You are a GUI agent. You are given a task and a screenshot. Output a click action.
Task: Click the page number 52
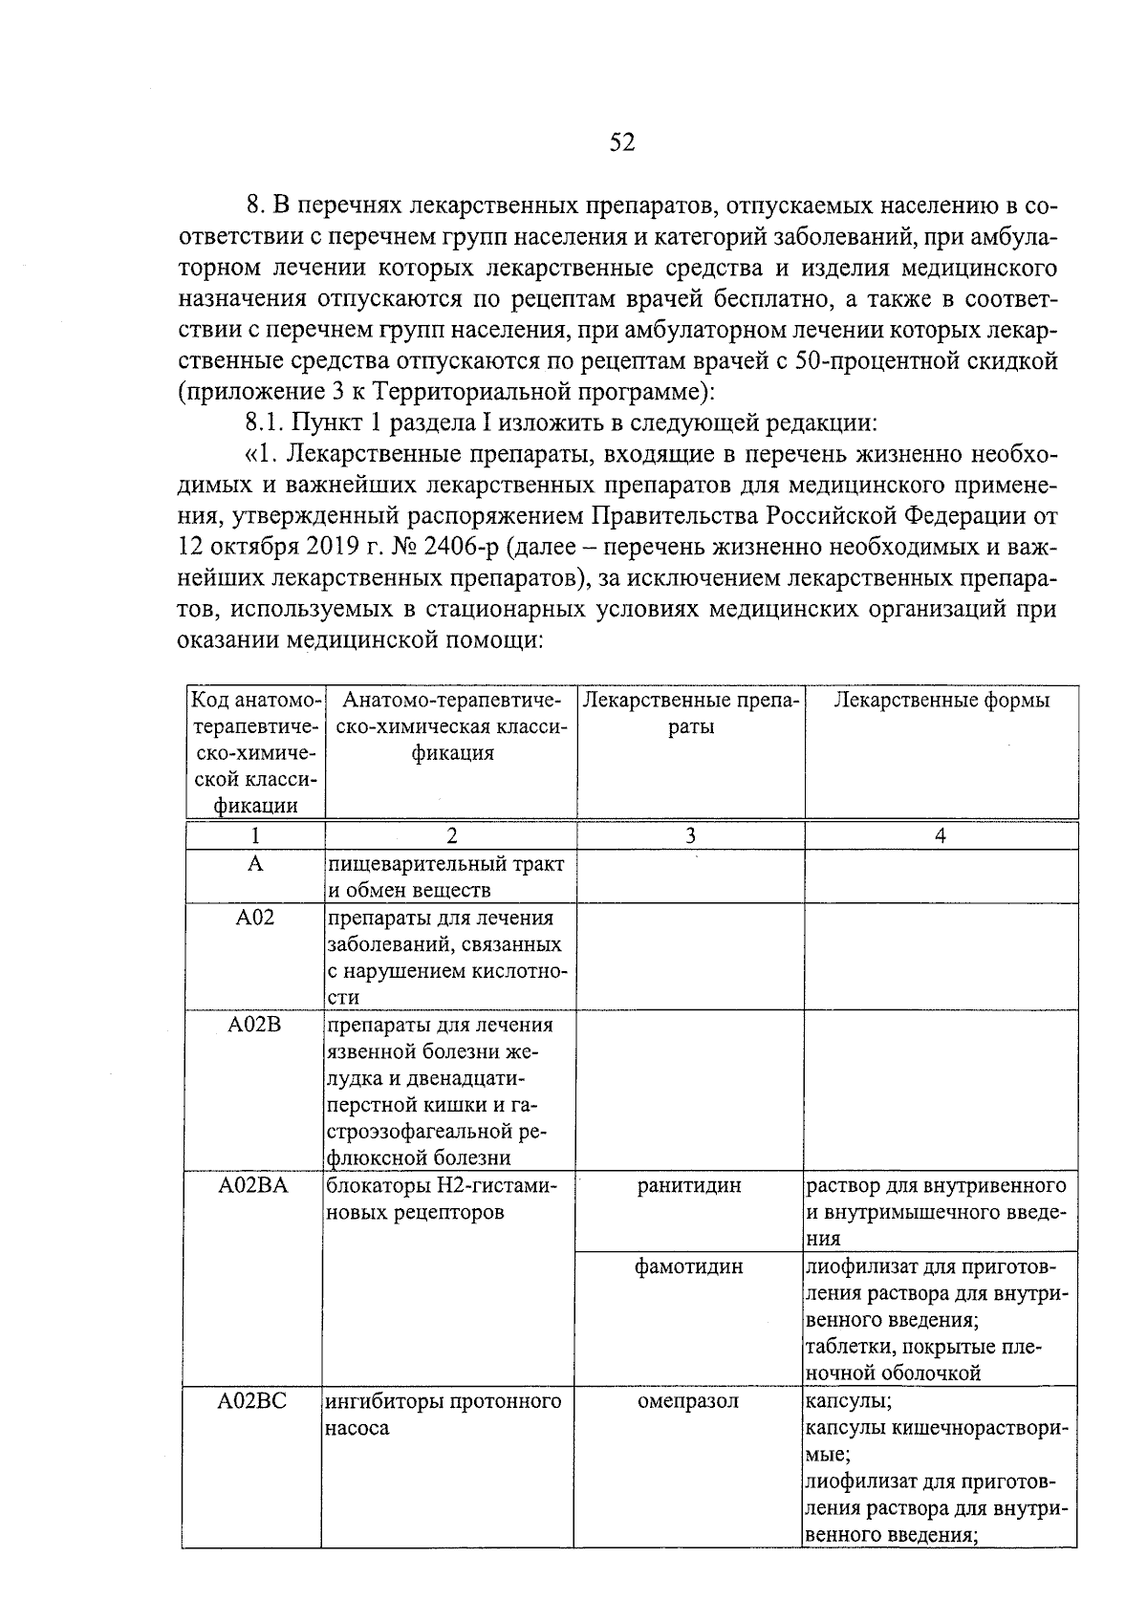[621, 142]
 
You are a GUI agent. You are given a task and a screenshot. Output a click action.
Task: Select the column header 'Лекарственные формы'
[941, 701]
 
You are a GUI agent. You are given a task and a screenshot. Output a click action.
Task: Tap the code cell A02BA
[253, 1186]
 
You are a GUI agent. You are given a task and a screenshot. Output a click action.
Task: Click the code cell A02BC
[251, 1402]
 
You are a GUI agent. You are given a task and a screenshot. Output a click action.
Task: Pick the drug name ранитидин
[689, 1186]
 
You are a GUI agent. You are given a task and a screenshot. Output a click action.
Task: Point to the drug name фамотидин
[689, 1267]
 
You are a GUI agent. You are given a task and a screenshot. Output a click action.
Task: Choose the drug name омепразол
[688, 1402]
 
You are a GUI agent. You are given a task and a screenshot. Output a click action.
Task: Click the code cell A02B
[254, 1025]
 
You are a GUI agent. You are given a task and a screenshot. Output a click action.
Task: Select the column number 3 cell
[690, 836]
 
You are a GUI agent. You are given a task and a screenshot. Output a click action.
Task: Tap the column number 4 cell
[941, 836]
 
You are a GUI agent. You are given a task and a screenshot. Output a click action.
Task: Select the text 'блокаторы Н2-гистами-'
[442, 1186]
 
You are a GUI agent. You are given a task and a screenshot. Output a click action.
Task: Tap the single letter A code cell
[254, 864]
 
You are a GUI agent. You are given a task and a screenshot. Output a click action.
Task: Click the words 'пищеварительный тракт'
[446, 864]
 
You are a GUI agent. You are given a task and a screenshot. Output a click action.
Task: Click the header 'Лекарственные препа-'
[690, 701]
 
